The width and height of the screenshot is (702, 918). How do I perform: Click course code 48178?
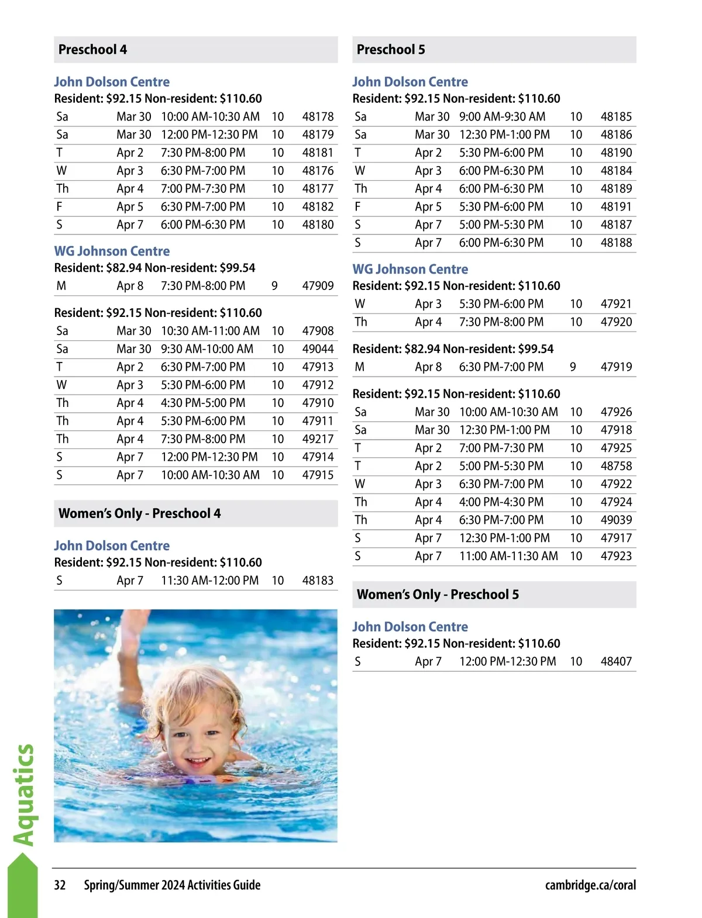(x=318, y=117)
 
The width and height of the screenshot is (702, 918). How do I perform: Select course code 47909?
(x=318, y=286)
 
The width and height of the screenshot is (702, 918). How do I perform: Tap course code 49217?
(x=318, y=439)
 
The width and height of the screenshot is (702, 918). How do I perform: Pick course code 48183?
(x=318, y=581)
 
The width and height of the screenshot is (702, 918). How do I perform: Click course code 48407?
(x=616, y=661)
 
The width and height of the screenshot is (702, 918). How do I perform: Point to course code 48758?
(x=616, y=466)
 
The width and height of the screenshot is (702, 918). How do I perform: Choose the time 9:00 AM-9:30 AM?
(x=502, y=117)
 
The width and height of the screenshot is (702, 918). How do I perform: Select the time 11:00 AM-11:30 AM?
(x=508, y=556)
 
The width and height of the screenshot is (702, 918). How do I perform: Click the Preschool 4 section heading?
(x=93, y=50)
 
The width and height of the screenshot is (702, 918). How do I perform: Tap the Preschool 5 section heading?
(x=391, y=50)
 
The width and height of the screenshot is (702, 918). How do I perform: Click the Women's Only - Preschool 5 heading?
(x=438, y=595)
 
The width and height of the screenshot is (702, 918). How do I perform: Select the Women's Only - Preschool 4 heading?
(x=140, y=513)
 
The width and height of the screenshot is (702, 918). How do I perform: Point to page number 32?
(x=60, y=885)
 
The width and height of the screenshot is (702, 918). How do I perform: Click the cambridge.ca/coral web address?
(x=590, y=885)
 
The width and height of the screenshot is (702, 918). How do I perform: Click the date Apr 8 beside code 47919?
(x=428, y=367)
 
